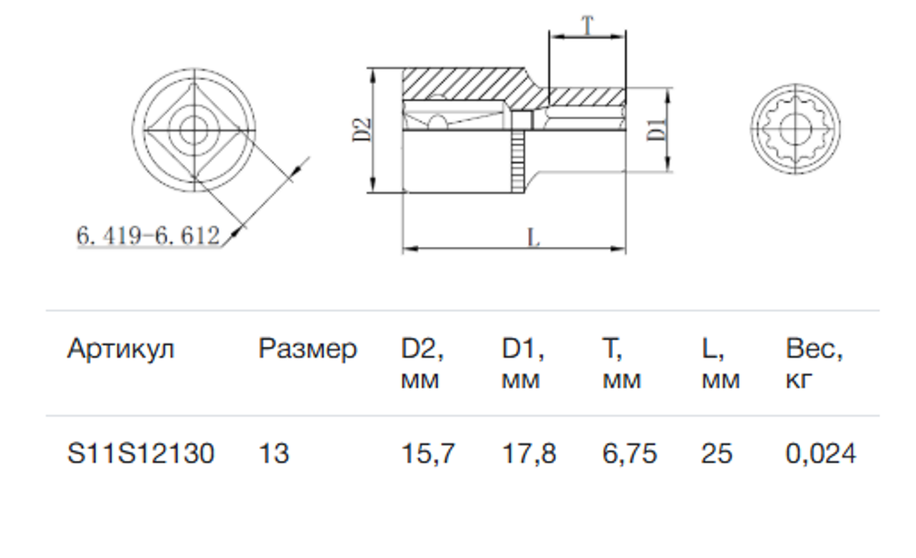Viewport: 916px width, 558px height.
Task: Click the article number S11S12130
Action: [x=141, y=453]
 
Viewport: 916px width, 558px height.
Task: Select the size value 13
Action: [x=274, y=453]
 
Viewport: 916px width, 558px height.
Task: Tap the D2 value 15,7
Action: [x=428, y=454]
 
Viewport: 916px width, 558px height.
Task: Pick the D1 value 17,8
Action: [x=529, y=454]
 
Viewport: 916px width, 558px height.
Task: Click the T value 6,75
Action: [x=629, y=454]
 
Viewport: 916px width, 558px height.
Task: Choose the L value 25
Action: [x=716, y=453]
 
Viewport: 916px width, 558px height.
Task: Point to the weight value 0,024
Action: [x=820, y=454]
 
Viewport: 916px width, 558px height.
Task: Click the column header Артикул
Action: [x=121, y=350]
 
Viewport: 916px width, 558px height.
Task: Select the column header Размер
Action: [x=308, y=350]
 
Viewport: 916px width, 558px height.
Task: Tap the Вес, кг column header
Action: [x=814, y=363]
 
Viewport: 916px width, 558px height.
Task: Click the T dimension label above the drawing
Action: [x=587, y=25]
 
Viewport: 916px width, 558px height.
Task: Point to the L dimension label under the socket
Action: [x=533, y=237]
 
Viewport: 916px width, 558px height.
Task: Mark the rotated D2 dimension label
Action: [x=362, y=130]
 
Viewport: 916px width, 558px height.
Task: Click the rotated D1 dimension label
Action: [x=656, y=130]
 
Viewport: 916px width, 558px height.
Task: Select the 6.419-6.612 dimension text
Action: [x=148, y=235]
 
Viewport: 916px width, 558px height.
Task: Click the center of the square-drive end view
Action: [x=194, y=130]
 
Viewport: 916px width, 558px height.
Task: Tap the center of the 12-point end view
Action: [x=795, y=129]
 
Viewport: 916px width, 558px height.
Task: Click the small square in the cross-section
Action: [x=522, y=121]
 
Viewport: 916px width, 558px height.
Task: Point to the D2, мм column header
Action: [x=422, y=363]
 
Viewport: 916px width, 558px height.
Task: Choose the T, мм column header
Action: [x=622, y=363]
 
